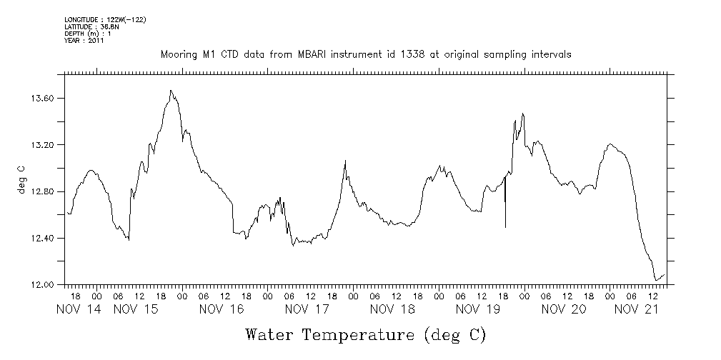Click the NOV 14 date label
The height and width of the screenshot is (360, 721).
[79, 309]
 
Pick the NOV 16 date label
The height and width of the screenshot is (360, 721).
[222, 309]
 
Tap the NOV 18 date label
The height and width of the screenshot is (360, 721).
[392, 309]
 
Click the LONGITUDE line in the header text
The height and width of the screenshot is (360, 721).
[105, 19]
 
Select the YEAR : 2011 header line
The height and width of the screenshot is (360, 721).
[84, 41]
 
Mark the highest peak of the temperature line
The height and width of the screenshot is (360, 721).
[171, 91]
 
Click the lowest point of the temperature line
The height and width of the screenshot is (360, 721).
[656, 281]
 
